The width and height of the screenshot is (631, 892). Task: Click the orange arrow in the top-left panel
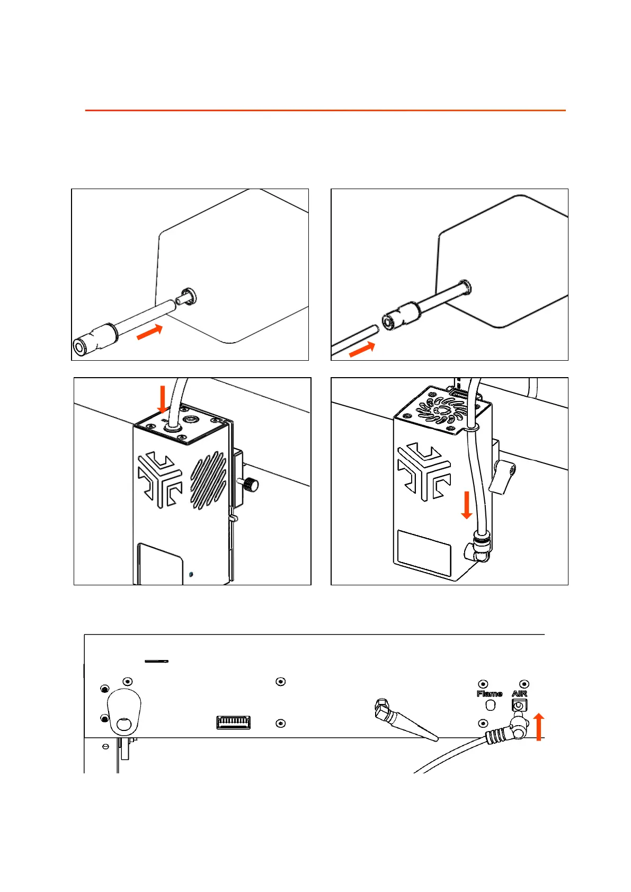(150, 332)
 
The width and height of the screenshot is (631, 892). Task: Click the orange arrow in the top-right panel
(362, 350)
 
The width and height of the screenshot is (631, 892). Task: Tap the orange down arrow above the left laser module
(163, 399)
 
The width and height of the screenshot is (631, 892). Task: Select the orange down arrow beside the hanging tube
(467, 505)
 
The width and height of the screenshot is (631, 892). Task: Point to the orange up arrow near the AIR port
(539, 726)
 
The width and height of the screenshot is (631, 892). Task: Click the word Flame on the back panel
(490, 693)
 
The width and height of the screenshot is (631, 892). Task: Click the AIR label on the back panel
(519, 693)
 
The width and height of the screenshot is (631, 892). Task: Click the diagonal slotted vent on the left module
(208, 480)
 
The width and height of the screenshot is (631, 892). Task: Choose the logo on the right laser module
(424, 471)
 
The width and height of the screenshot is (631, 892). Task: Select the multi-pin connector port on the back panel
(234, 722)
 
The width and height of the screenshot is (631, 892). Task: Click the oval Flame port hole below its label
(491, 706)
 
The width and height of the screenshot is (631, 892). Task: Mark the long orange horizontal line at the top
(325, 110)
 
